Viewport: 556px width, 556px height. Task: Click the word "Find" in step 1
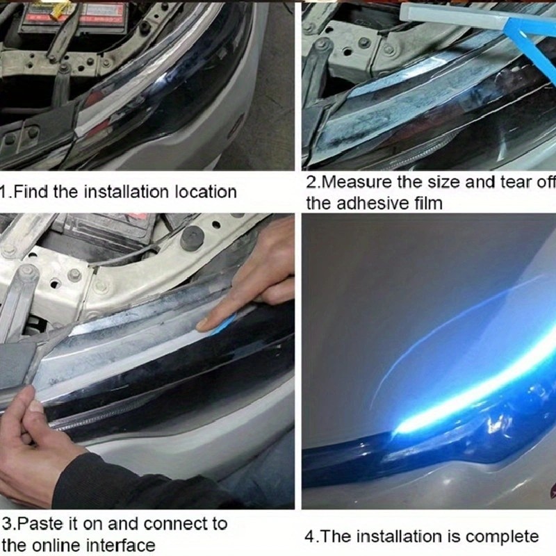(31, 193)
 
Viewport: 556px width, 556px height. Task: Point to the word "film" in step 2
(428, 204)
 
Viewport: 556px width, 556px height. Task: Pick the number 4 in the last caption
(309, 537)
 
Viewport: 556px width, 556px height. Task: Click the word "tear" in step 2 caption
(514, 182)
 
